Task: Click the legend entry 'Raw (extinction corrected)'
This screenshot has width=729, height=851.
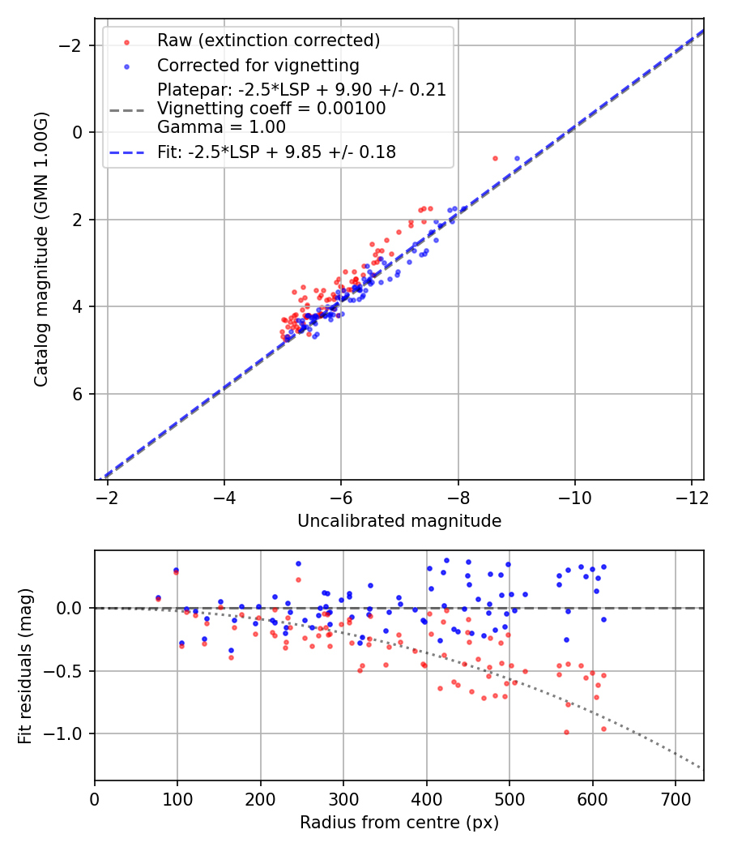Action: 268,41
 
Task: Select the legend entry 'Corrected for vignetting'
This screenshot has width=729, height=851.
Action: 258,65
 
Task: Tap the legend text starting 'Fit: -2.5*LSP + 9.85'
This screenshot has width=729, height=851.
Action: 276,152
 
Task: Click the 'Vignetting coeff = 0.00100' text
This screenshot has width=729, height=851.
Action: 271,108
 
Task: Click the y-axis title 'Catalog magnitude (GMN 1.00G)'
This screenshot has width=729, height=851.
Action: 41,249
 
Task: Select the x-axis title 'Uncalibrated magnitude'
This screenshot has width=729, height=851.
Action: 399,521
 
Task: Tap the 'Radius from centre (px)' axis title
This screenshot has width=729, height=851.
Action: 399,823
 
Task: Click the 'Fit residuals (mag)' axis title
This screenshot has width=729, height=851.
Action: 25,666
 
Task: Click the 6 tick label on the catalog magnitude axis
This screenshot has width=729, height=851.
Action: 78,394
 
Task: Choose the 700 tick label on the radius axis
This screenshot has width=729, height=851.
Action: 676,798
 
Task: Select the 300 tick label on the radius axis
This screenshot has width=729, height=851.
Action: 343,798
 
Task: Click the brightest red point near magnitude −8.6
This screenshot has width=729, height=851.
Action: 495,158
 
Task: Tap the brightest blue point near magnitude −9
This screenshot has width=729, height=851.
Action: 517,158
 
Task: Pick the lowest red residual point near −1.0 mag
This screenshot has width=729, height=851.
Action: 566,732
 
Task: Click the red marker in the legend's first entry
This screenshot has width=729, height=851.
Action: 126,41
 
